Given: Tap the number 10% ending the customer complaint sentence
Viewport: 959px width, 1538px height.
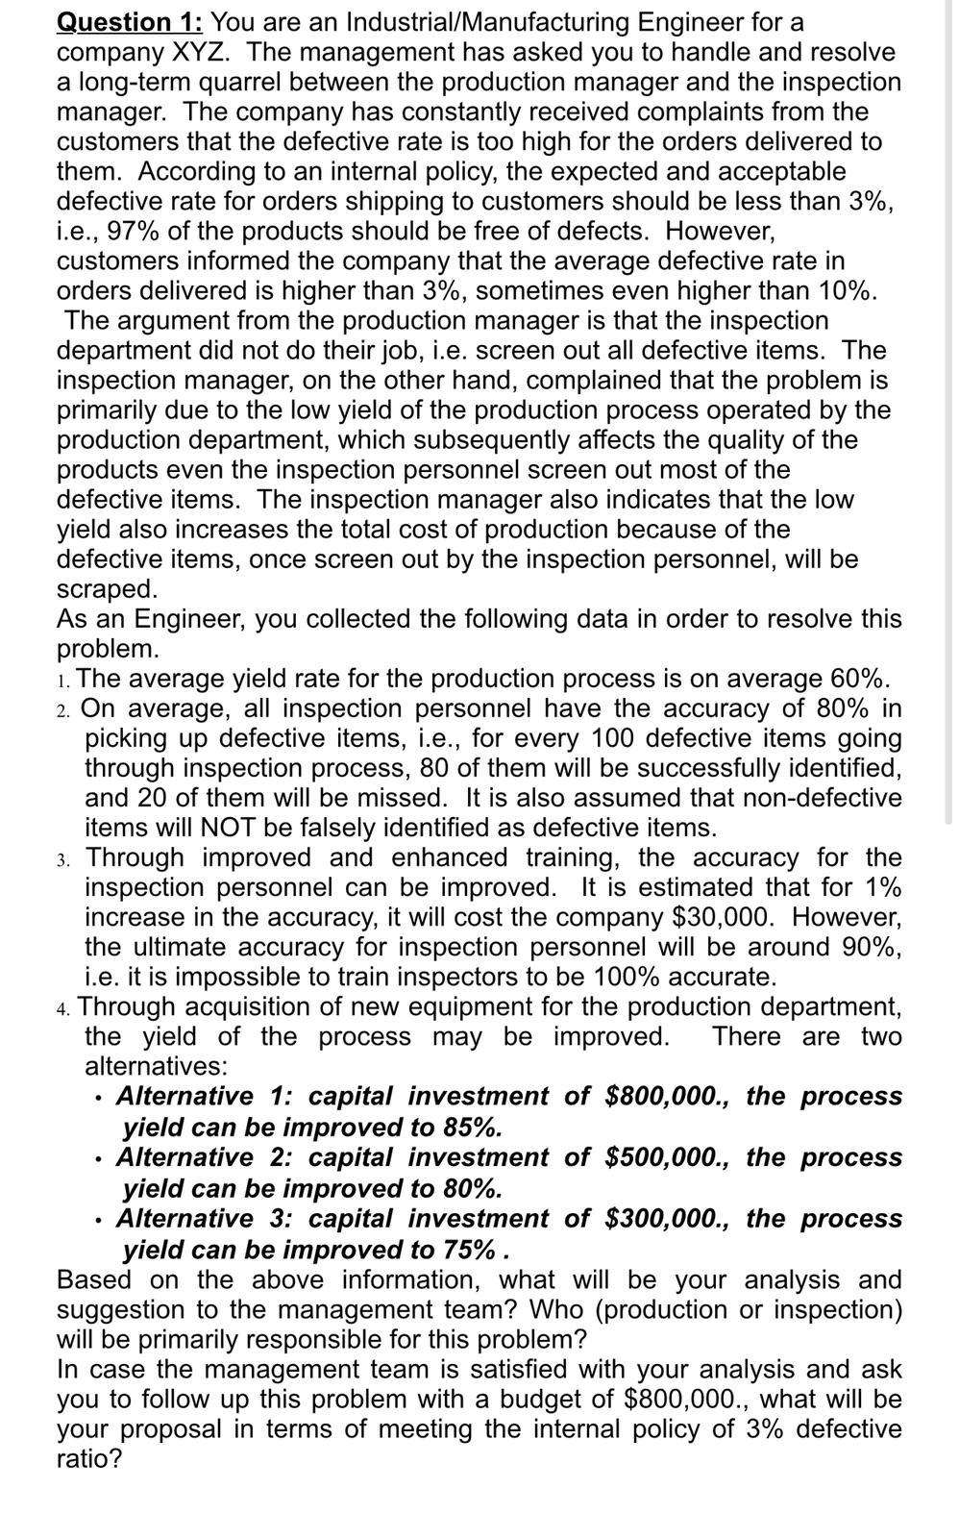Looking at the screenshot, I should click(846, 290).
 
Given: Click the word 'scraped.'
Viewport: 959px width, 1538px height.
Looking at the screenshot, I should click(107, 588).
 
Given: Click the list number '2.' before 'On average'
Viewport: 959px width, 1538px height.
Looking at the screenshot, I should click(63, 710).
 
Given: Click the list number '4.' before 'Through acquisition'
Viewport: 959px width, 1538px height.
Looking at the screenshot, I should click(63, 1008).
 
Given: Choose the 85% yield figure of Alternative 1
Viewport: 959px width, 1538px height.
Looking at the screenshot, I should click(472, 1127).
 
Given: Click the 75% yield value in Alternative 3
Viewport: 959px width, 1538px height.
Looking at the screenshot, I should click(471, 1250).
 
